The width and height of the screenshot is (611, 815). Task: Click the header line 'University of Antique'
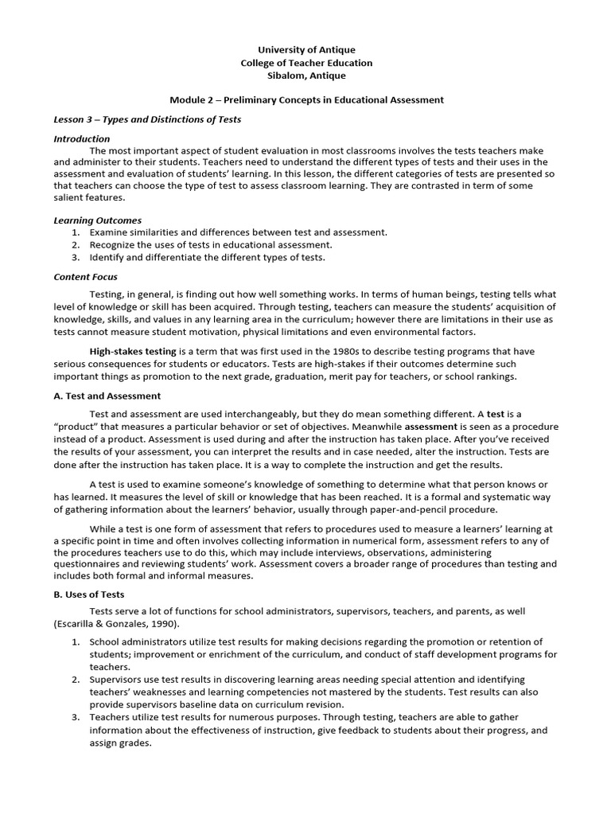[x=306, y=49]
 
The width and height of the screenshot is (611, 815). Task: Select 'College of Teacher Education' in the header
[x=306, y=63]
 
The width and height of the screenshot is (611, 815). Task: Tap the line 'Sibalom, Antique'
[x=306, y=76]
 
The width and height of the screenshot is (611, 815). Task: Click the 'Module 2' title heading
[x=306, y=99]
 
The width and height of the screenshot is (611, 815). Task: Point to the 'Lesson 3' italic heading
[x=147, y=119]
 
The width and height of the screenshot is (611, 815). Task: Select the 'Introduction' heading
[x=82, y=138]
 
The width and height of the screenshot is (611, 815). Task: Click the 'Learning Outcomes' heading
[x=97, y=220]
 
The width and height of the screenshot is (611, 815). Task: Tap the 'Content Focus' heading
[x=86, y=277]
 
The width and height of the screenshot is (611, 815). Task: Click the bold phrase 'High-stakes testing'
[x=133, y=351]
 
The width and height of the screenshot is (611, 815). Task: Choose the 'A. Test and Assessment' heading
[x=107, y=396]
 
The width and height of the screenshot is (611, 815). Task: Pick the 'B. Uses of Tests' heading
[x=89, y=594]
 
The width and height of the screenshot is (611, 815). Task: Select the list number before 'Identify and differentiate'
[x=75, y=257]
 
